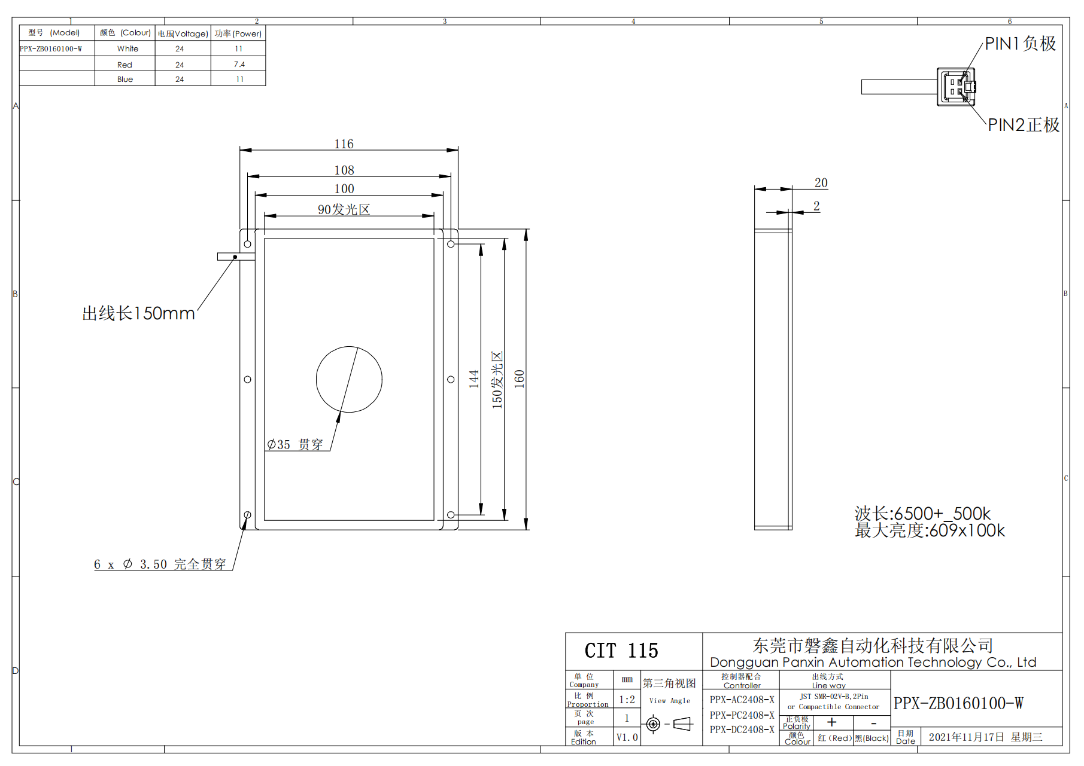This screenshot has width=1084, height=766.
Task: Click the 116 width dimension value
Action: [x=344, y=144]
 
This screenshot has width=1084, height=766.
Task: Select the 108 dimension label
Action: [x=344, y=170]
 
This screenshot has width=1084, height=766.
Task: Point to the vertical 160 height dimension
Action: [x=519, y=379]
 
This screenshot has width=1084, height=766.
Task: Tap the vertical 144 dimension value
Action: [x=474, y=379]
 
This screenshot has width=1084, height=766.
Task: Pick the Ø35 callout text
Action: [x=294, y=444]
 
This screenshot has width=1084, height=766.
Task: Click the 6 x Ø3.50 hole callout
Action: [x=160, y=564]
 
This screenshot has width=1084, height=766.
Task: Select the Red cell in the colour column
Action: [x=125, y=65]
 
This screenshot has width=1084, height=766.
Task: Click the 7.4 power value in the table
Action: [x=239, y=65]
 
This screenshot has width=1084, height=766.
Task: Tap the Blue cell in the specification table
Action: [x=125, y=79]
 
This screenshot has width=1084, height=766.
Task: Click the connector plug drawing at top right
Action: [x=956, y=87]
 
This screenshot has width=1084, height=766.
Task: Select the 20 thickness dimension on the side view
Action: [x=821, y=183]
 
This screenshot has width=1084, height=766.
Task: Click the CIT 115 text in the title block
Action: [x=621, y=651]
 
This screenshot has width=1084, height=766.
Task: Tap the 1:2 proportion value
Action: [x=627, y=700]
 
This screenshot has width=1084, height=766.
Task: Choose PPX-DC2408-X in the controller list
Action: [x=742, y=730]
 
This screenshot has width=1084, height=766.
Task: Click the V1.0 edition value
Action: [x=627, y=737]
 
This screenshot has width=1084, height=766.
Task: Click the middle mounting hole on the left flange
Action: [x=248, y=379]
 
